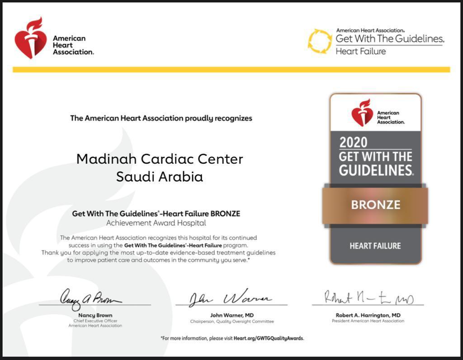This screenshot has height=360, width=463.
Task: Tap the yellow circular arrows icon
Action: click(320, 41)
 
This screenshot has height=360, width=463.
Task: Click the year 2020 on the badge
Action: click(353, 142)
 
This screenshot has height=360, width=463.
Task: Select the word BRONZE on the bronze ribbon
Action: click(375, 205)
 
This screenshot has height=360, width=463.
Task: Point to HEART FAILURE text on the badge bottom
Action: click(375, 246)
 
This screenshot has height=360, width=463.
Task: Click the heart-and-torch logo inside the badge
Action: click(362, 113)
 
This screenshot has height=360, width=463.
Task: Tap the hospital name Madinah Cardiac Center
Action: click(160, 159)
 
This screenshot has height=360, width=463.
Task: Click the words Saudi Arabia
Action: click(160, 177)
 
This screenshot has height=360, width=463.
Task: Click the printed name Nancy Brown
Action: click(95, 315)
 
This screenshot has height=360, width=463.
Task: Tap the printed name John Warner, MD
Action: click(232, 315)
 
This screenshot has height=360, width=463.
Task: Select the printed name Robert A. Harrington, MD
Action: click(368, 315)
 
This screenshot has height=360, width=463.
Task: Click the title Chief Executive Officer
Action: click(95, 321)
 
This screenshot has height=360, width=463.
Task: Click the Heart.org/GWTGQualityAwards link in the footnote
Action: click(269, 338)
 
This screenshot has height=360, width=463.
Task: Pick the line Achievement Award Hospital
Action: click(156, 223)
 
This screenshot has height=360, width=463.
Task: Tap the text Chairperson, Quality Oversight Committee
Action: click(232, 322)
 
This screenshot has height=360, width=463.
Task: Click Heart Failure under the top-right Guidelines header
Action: click(360, 51)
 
